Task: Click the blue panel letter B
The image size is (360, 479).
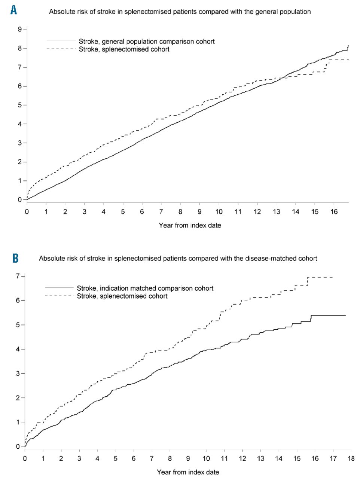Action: coord(15,258)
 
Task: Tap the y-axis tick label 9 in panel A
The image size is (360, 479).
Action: coord(19,29)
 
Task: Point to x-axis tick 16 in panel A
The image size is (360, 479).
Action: coord(334,212)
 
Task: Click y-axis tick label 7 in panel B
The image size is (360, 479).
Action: coord(18,276)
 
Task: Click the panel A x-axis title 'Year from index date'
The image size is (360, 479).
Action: coord(190,225)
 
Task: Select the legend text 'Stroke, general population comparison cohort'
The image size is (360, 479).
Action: coord(147,42)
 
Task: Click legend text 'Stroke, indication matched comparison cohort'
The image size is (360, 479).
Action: coord(145,288)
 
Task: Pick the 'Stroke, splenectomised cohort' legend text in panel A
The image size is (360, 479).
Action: coord(124,49)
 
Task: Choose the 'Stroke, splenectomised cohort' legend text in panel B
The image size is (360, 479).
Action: coord(122,296)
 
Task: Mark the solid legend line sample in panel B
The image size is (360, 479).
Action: coord(59,287)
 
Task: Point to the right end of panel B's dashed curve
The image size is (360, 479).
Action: coord(333,277)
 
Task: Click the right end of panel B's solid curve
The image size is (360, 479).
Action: coord(345,315)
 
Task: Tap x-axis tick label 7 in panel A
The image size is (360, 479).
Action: coord(161,212)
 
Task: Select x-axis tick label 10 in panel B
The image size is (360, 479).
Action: coord(206,458)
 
